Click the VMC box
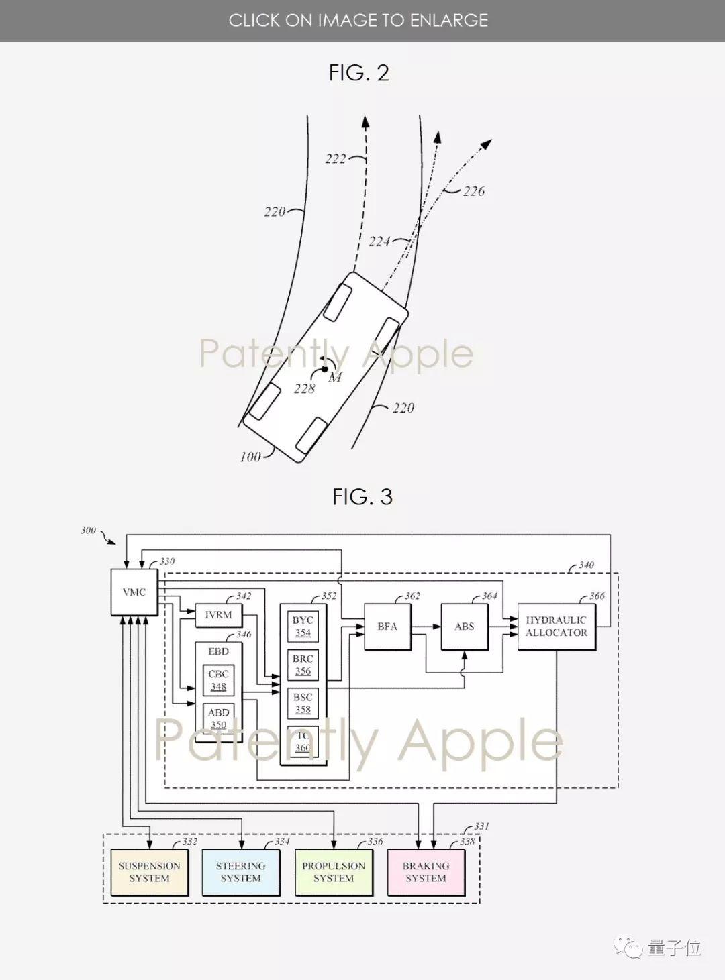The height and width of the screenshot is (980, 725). click(134, 592)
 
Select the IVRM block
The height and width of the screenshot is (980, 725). click(218, 615)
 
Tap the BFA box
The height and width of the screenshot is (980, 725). click(387, 627)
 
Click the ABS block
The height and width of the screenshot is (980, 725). click(465, 627)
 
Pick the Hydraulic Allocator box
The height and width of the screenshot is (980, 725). click(557, 627)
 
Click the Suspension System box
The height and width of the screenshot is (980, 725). click(149, 872)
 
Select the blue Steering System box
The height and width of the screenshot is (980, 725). click(241, 872)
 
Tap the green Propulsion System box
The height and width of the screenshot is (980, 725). click(334, 872)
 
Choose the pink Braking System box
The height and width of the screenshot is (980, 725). click(426, 872)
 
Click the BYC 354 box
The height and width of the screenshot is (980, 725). click(303, 627)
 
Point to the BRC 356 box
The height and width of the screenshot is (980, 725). click(303, 665)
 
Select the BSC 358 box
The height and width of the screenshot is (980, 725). click(303, 703)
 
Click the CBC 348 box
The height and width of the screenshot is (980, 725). click(218, 680)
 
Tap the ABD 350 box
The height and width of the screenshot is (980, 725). click(218, 718)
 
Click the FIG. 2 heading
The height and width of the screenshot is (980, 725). click(359, 73)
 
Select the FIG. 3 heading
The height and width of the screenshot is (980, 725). click(362, 497)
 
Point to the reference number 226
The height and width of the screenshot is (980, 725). click(473, 191)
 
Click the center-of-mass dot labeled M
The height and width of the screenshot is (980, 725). click(324, 368)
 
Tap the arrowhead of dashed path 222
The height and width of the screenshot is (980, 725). click(366, 121)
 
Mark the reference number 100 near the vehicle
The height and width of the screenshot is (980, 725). click(250, 457)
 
